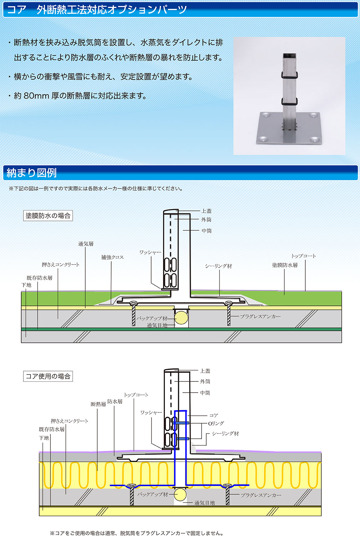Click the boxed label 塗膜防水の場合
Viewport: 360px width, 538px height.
(x=48, y=216)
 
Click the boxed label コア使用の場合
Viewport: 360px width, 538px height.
(x=48, y=376)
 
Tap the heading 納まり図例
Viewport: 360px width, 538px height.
(x=31, y=173)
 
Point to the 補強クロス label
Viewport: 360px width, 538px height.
(x=112, y=257)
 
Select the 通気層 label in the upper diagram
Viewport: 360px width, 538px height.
(x=86, y=244)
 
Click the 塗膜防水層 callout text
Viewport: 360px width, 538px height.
(x=285, y=265)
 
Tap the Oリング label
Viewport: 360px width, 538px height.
(x=216, y=424)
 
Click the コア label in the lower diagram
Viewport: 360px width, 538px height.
(x=213, y=415)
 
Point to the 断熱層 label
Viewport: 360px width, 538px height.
(x=98, y=404)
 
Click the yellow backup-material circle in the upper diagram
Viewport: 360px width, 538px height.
(x=181, y=318)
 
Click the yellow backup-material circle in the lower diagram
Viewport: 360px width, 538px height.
(x=180, y=494)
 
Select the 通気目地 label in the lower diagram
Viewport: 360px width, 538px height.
(x=204, y=503)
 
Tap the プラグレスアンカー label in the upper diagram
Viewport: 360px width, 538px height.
(x=260, y=316)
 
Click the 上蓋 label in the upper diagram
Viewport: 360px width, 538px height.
(x=206, y=211)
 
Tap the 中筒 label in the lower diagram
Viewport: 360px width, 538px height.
(x=205, y=393)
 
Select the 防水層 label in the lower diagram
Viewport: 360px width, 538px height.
(x=115, y=401)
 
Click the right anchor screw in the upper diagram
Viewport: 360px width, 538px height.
(x=229, y=313)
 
